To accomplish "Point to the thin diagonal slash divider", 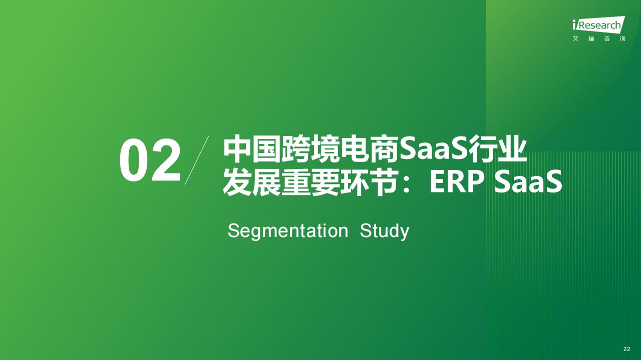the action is click(197, 160).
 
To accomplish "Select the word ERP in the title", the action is click(457, 182).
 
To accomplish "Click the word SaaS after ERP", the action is click(528, 182).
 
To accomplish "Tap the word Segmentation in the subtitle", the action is click(288, 231).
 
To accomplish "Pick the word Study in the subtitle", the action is click(385, 231).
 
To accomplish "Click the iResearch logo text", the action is click(597, 25).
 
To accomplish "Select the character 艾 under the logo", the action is click(575, 38).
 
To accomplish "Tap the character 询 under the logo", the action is click(622, 38).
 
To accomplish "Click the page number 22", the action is click(626, 349).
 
